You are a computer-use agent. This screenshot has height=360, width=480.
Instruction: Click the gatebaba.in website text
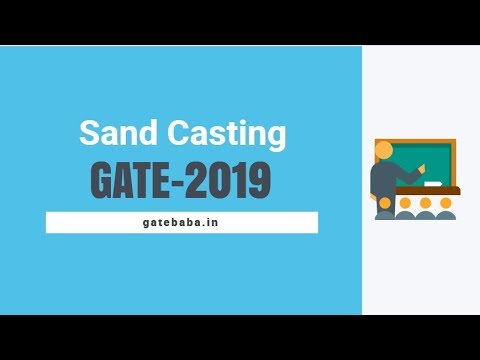(x=181, y=222)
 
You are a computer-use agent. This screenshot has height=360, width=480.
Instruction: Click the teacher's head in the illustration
(x=383, y=150)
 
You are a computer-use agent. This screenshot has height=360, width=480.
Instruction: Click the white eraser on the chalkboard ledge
(x=431, y=184)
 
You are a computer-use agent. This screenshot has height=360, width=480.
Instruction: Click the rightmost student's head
(x=446, y=203)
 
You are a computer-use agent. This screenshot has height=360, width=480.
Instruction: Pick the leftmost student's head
(x=405, y=203)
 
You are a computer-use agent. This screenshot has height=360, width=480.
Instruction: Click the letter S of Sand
(x=87, y=134)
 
